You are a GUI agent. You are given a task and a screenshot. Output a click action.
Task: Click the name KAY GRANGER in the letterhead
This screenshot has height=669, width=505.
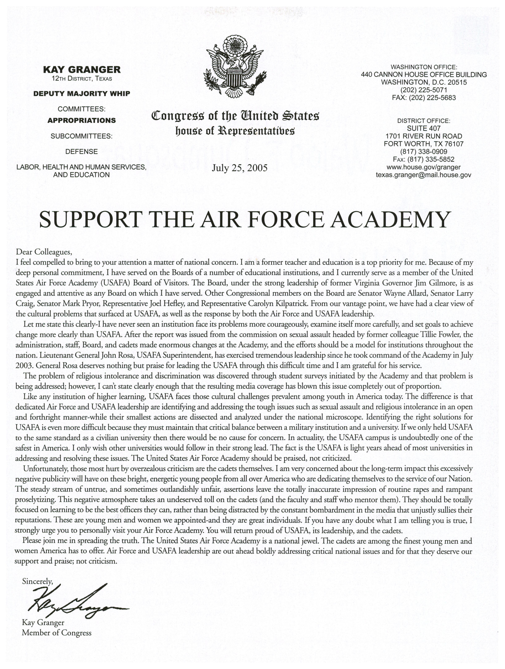82,70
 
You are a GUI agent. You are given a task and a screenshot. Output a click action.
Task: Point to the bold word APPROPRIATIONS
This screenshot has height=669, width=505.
82,120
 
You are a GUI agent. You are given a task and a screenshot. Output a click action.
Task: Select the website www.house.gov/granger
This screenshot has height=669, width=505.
423,167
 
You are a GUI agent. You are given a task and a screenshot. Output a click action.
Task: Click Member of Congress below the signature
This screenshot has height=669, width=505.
57,633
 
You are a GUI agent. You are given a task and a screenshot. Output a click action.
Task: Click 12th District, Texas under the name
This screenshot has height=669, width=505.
82,79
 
